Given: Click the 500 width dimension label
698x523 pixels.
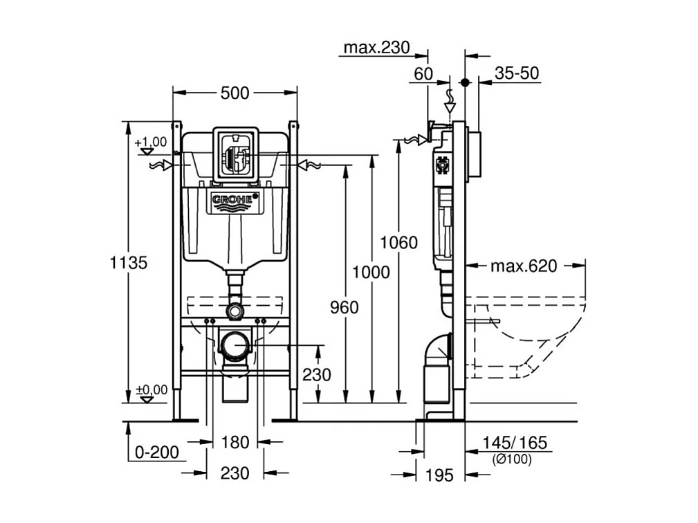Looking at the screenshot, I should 235,93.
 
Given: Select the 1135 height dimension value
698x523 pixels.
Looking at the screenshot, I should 129,263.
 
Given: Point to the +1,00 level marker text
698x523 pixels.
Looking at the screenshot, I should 151,142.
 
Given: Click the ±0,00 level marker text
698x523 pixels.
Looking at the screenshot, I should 151,389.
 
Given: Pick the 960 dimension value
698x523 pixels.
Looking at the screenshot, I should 344,307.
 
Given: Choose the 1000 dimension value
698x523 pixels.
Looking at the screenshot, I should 371,273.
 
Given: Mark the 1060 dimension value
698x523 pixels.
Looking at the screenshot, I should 399,243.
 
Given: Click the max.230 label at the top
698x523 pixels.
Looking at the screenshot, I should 377,48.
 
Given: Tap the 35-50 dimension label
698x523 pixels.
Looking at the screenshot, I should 517,73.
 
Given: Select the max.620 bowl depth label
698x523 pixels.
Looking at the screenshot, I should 524,266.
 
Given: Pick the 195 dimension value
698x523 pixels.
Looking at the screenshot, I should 439,475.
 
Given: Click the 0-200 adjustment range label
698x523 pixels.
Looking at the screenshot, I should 157,452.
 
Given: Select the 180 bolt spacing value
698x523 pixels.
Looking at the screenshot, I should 235,441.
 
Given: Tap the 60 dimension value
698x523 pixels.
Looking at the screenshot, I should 423,73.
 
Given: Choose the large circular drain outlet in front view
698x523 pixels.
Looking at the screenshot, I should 235,344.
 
